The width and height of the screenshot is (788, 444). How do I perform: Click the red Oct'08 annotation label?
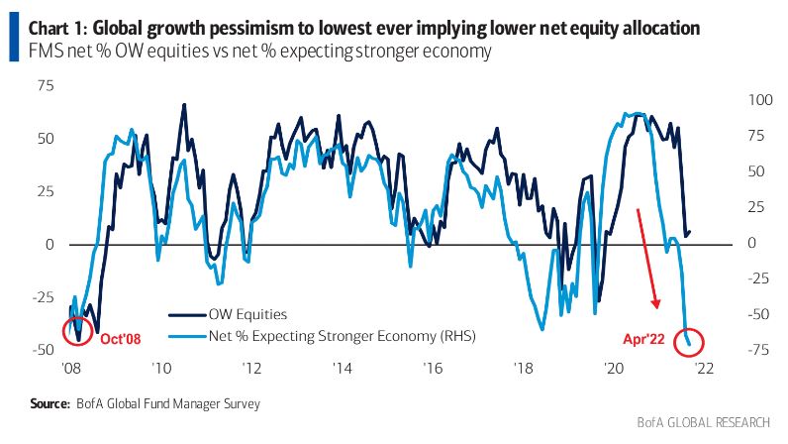(121, 338)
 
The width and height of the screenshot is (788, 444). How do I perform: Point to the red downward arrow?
(646, 258)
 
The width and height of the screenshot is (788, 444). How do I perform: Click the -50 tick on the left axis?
(42, 350)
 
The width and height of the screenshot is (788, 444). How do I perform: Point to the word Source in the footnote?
(49, 403)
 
